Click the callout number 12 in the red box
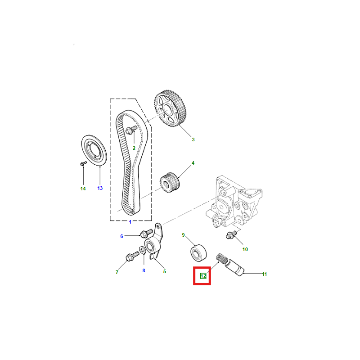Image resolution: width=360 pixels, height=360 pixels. point(203,276)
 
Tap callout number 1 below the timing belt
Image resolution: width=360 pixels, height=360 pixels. point(130,222)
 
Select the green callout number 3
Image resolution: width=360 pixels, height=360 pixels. point(193,139)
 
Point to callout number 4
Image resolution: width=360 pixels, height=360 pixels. point(193,163)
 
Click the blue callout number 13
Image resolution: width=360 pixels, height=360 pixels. point(100,188)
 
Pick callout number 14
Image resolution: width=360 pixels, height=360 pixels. point(83,189)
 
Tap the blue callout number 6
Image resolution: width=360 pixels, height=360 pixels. point(121,236)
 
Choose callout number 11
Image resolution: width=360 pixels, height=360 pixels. point(265,274)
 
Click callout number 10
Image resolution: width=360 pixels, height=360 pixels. point(245,249)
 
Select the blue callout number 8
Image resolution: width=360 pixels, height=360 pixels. point(144,271)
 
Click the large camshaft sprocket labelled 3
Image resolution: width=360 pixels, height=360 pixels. point(170,109)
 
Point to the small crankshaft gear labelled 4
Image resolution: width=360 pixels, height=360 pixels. point(170,183)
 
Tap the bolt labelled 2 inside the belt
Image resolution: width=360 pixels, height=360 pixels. point(131,130)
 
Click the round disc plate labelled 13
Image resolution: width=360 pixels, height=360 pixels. point(94,150)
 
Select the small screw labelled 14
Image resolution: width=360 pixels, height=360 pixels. point(83,163)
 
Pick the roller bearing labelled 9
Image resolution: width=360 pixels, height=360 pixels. point(199,253)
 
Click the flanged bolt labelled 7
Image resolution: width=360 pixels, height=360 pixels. point(132,256)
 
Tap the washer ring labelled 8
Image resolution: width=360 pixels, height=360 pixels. point(142,250)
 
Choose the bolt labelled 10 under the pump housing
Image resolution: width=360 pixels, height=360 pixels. point(231,235)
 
